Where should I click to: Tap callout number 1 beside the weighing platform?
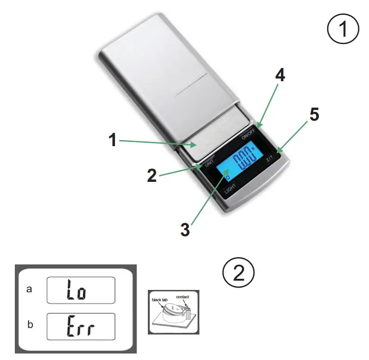[x=113, y=140]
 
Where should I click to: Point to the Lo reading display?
[x=81, y=290]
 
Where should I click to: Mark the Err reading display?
[x=81, y=327]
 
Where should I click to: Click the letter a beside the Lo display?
[x=30, y=290]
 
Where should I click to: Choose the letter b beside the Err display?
[x=30, y=325]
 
